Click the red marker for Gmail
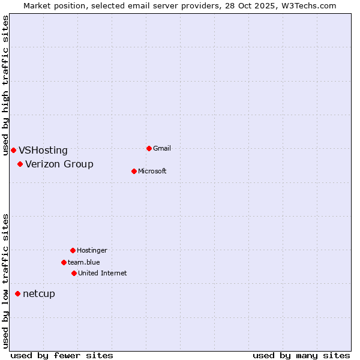[x=149, y=148]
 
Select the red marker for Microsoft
[x=134, y=171]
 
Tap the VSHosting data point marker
[x=13, y=150]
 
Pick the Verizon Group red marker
[x=20, y=164]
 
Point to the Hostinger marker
[x=73, y=250]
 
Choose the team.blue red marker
[x=64, y=262]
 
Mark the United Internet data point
[x=74, y=273]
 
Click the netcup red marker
[x=17, y=293]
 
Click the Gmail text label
[x=162, y=148]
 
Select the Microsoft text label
[x=152, y=171]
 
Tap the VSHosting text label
[x=43, y=151]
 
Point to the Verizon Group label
[x=59, y=164]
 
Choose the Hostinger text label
[x=92, y=250]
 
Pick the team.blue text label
[x=84, y=262]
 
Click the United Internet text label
[x=103, y=273]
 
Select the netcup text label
[x=39, y=294]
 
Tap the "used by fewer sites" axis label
[x=62, y=355]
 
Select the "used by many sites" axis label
[x=301, y=355]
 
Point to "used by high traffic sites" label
[x=5, y=85]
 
